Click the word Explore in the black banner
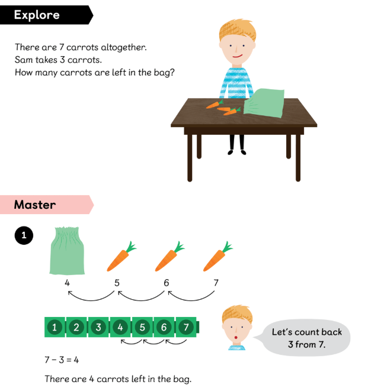(37, 15)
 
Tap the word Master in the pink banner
(35, 205)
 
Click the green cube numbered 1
(55, 327)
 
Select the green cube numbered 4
(120, 327)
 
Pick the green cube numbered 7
(186, 327)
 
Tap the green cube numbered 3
(98, 327)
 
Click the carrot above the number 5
(121, 257)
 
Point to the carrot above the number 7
(217, 257)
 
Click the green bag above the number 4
(67, 250)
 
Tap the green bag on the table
(264, 103)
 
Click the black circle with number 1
(24, 235)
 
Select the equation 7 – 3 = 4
(62, 360)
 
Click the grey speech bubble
(306, 338)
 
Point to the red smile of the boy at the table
(238, 56)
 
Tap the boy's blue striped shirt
(236, 83)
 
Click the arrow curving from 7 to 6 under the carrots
(191, 299)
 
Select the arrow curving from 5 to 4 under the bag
(91, 299)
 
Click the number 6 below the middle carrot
(167, 283)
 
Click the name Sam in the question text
(24, 60)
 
